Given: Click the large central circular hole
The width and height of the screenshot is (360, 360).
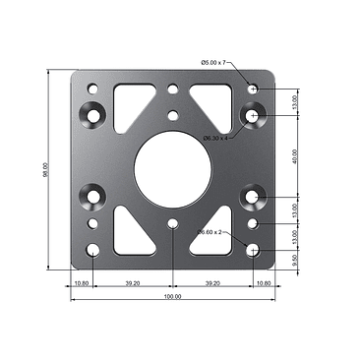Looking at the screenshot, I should tap(173, 168).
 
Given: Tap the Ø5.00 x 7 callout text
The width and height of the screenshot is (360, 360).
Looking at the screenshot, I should tap(213, 63).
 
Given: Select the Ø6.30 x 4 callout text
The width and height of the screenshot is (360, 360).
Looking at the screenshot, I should tap(215, 138).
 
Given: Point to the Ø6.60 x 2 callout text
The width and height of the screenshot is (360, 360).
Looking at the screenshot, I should tap(210, 232).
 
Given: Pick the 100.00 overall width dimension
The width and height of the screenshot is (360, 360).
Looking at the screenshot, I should tap(172, 296).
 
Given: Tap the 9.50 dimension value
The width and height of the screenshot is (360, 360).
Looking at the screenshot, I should tap(295, 260).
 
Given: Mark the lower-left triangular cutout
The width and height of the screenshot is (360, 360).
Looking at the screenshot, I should tap(131, 231).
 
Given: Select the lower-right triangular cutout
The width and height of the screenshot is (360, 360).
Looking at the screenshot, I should tap(215, 233).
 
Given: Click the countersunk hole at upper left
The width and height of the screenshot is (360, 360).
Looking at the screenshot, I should tap(93, 115).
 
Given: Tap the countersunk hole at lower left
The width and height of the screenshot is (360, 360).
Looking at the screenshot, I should tap(93, 198).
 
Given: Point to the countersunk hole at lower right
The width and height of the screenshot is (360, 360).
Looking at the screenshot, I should tap(253, 198).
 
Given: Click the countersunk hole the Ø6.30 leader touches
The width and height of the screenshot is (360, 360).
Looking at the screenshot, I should tap(253, 116).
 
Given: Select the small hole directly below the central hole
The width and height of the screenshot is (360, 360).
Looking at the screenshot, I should tap(173, 225).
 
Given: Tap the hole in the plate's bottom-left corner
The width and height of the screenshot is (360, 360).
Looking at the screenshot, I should tap(93, 250).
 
